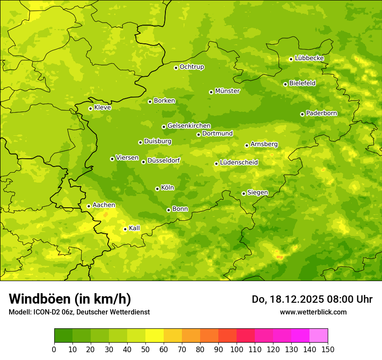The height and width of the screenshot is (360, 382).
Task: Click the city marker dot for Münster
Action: click(211, 92)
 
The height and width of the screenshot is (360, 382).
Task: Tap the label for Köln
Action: click(168, 188)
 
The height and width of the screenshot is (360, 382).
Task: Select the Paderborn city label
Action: click(321, 113)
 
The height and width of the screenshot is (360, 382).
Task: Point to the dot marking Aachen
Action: click(89, 206)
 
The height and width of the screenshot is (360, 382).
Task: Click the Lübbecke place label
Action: click(309, 58)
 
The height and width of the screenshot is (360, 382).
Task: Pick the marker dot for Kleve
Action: click(90, 108)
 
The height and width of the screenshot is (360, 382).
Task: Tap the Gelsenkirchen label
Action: click(189, 126)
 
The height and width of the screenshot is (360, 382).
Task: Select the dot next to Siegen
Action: click(244, 193)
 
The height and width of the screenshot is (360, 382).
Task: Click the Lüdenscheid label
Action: click(239, 163)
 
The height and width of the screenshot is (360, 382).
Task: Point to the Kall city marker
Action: click(125, 229)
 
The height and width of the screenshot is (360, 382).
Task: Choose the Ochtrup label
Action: click(191, 67)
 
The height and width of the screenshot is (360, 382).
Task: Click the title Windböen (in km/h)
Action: click(69, 299)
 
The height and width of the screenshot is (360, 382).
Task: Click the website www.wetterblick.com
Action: click(313, 312)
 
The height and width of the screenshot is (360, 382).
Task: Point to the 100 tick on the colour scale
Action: click(237, 349)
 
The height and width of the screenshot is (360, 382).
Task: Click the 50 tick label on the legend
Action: click(145, 349)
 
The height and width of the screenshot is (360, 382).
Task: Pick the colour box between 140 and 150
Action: click(319, 336)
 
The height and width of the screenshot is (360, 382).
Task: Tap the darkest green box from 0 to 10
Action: click(63, 336)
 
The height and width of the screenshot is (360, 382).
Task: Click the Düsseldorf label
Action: click(163, 160)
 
